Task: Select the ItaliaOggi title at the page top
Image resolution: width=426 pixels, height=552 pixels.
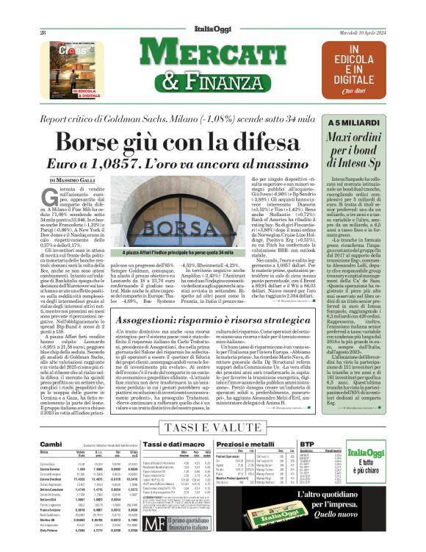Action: [213, 9]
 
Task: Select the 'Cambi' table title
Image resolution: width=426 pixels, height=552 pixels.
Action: [50, 445]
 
